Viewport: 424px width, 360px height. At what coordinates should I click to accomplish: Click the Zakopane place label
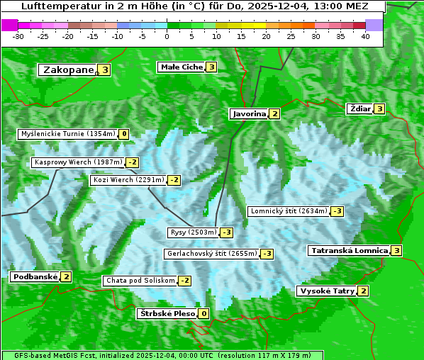68,69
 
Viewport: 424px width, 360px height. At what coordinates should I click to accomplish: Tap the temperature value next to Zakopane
105,69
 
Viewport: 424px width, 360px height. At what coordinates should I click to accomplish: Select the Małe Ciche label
182,67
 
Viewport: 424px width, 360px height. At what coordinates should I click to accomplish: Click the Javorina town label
249,113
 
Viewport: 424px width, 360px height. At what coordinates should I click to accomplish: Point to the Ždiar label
359,108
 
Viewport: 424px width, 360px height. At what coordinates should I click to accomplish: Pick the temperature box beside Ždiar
379,108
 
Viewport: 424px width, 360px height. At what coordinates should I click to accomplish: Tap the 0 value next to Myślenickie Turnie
124,134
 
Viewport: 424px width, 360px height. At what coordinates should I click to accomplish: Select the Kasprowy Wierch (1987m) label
78,162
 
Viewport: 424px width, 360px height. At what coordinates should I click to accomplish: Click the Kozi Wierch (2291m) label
128,180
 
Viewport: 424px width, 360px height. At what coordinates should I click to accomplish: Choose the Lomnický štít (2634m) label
289,211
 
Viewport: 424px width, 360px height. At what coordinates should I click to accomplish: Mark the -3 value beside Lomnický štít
337,211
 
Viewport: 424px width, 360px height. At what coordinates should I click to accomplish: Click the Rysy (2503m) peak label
192,232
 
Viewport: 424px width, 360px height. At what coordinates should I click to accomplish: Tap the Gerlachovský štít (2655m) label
211,254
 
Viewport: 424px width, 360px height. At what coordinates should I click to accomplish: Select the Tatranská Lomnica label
349,250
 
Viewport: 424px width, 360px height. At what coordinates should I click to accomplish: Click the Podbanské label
35,277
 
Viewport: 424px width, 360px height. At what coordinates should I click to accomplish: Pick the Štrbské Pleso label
167,313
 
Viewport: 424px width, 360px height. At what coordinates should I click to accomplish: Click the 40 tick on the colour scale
365,36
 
